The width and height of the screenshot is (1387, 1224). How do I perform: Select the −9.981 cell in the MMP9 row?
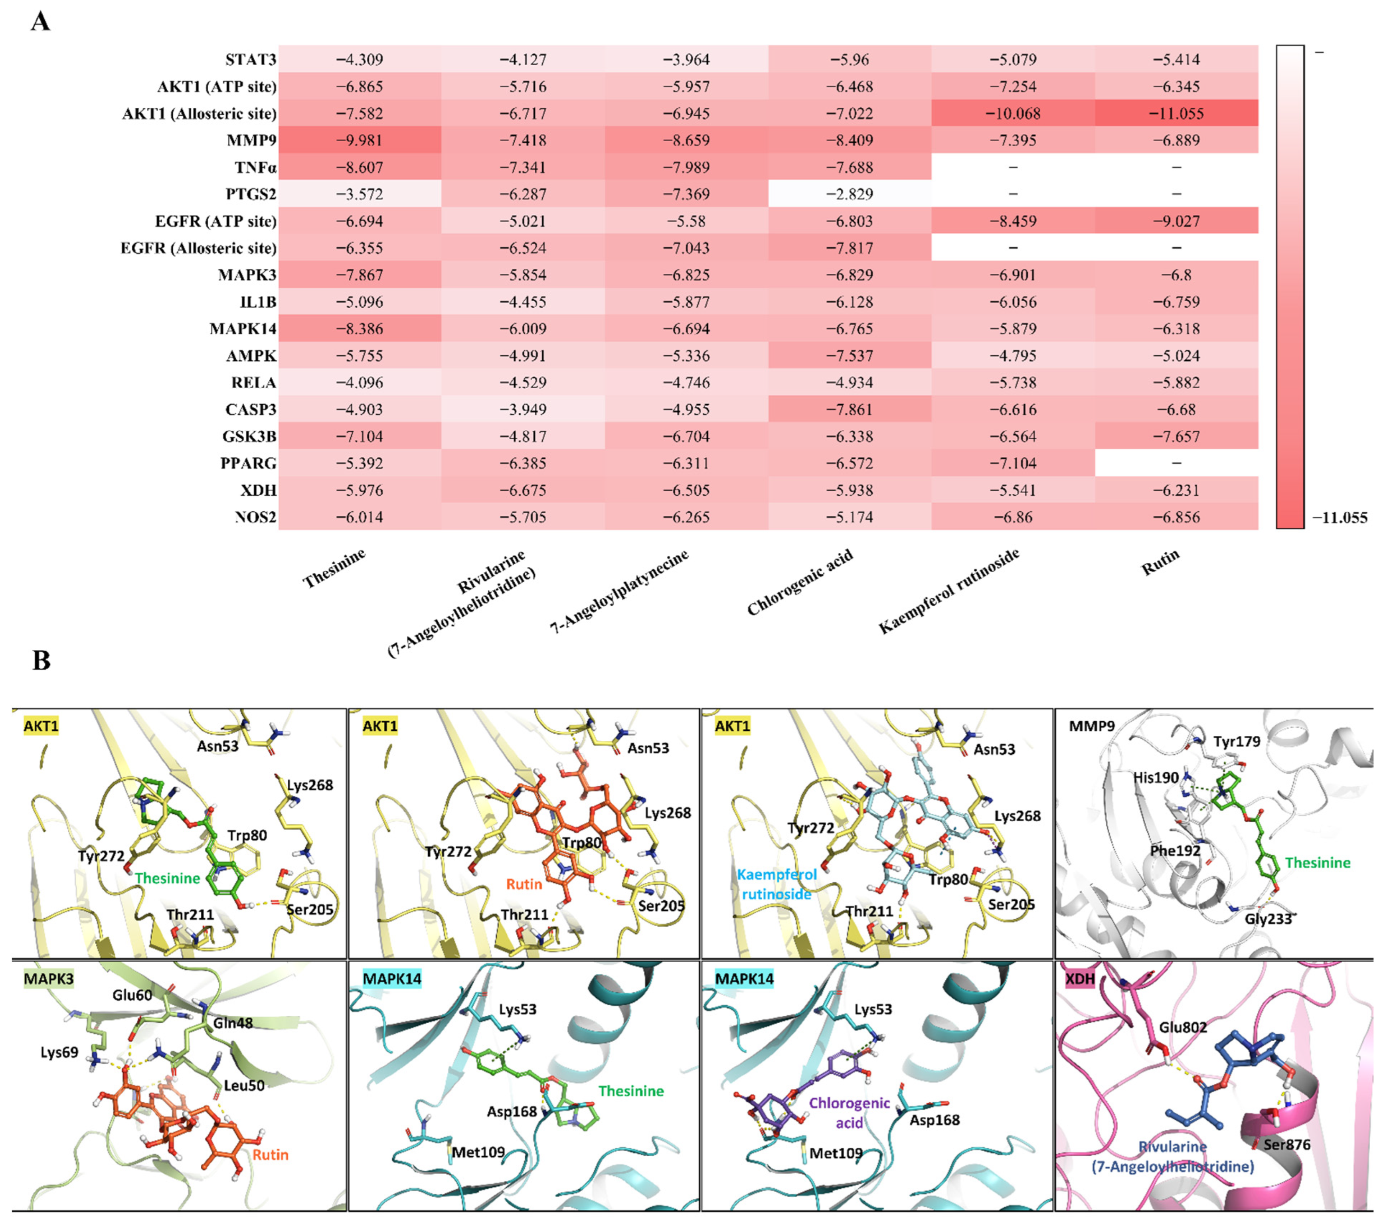(360, 140)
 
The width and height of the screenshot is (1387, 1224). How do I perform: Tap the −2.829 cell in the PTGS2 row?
(850, 194)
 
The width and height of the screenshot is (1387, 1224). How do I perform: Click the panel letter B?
(41, 660)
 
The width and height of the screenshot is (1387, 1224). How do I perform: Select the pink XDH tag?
(1080, 979)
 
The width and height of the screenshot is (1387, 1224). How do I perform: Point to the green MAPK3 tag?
(48, 979)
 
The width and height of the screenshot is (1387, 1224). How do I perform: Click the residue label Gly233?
(1268, 919)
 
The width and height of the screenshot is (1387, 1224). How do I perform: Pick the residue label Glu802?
(1183, 1027)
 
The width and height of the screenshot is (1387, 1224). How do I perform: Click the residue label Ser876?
(1286, 1145)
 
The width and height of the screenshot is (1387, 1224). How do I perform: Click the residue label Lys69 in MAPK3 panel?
(60, 1052)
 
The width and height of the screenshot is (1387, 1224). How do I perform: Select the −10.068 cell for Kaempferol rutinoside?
(1012, 113)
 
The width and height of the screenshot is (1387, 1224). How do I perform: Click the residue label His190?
(1156, 777)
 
